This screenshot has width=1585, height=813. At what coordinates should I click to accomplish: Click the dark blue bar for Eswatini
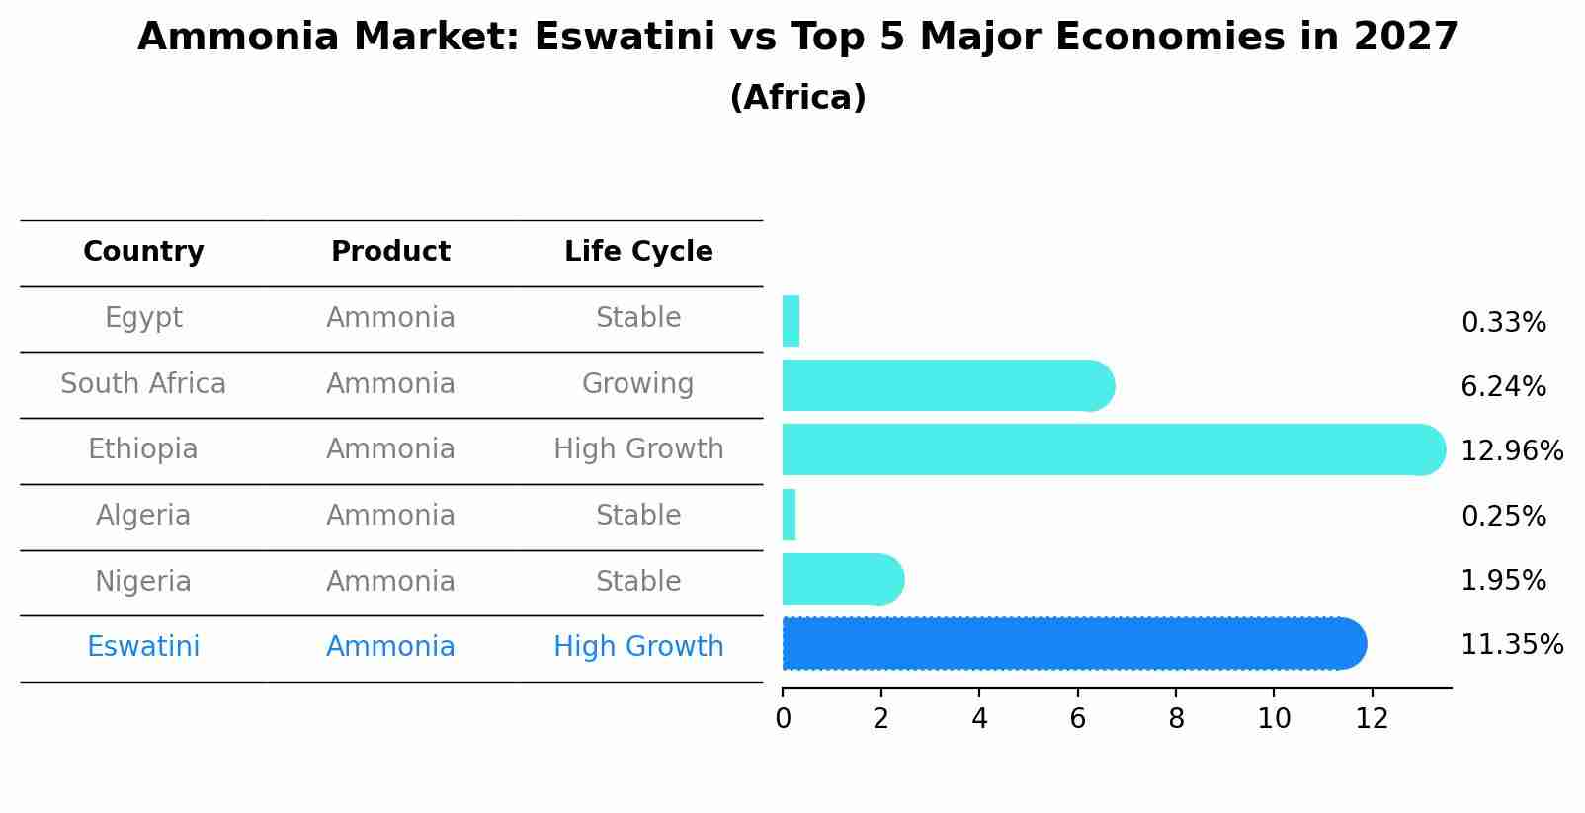click(1072, 644)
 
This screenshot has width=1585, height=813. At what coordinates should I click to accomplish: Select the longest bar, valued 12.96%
click(1112, 449)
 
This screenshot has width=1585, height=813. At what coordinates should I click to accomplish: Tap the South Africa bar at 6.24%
click(947, 385)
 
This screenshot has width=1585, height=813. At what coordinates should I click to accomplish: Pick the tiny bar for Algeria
click(789, 515)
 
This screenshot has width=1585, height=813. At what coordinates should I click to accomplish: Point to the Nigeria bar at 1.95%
click(841, 579)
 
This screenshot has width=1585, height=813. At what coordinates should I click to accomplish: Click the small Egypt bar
click(791, 321)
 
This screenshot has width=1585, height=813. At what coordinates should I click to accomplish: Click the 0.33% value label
click(1503, 323)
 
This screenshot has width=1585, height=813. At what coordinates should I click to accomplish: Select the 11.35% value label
click(1511, 645)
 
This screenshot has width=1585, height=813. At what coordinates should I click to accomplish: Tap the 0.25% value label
click(1503, 516)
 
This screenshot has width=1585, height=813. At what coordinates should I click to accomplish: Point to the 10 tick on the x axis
click(1274, 719)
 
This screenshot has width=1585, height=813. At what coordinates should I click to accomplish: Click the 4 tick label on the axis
click(979, 719)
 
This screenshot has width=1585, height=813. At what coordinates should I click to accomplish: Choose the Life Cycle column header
click(638, 252)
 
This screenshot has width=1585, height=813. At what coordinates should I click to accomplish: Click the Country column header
click(143, 252)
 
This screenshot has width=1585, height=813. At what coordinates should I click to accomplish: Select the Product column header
click(390, 252)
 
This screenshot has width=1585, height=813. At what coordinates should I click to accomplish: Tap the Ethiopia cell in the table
click(143, 449)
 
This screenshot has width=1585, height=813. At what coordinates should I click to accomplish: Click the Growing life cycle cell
click(637, 383)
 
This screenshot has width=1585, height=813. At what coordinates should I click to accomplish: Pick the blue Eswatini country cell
click(143, 647)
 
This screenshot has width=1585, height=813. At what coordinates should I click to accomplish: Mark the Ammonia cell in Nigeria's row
click(390, 581)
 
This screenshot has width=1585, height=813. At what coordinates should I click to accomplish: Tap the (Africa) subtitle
click(797, 98)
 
